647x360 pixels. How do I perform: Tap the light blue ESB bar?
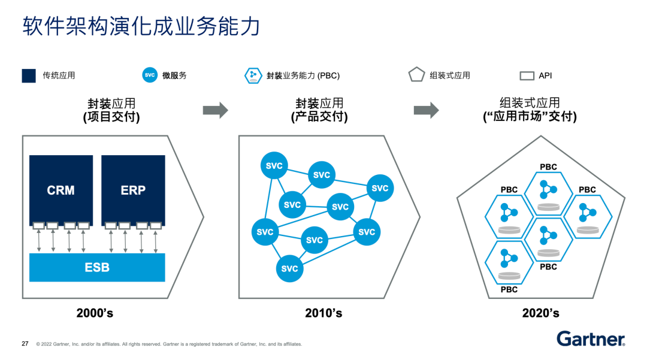(x=97, y=267)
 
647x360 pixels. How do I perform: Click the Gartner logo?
(x=591, y=339)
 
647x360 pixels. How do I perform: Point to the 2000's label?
(x=95, y=313)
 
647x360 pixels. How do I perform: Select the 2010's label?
(x=323, y=313)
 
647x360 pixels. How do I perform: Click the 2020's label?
(x=540, y=313)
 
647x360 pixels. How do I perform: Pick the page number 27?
(x=25, y=344)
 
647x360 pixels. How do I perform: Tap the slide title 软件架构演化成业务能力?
(x=141, y=27)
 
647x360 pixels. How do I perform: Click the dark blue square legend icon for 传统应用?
(x=29, y=75)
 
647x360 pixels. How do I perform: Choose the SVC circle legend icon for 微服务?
(x=150, y=75)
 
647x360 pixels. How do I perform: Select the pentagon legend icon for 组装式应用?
(x=416, y=75)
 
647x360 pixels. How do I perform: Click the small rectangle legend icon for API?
(x=527, y=76)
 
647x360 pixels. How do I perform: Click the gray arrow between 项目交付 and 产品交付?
(x=216, y=110)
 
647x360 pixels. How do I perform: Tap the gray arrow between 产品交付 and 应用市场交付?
(x=426, y=110)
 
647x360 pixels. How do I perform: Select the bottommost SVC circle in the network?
(x=289, y=268)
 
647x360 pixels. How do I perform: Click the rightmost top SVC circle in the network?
(x=380, y=188)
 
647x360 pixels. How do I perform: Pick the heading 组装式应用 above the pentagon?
(x=530, y=103)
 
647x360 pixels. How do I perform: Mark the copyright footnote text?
(x=169, y=344)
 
